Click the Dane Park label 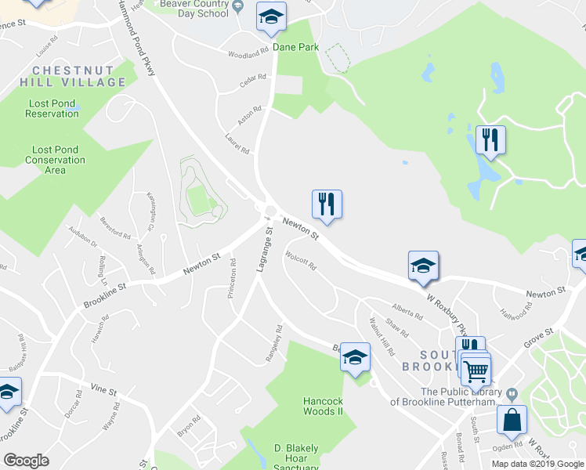pyautogui.click(x=295, y=47)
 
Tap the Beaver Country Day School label pyautogui.click(x=194, y=9)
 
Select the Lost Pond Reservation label pyautogui.click(x=52, y=108)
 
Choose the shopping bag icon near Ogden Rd pyautogui.click(x=512, y=420)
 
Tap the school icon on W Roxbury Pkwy pyautogui.click(x=423, y=266)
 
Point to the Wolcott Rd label pyautogui.click(x=301, y=260)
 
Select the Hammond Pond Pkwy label pyautogui.click(x=137, y=37)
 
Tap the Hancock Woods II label pyautogui.click(x=324, y=406)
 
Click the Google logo pyautogui.click(x=26, y=461)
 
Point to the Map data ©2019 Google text pyautogui.click(x=537, y=464)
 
